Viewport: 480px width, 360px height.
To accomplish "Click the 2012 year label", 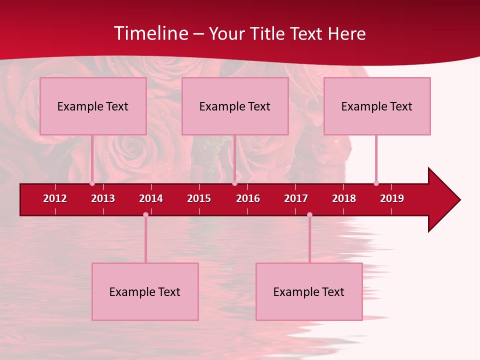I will pos(55,198).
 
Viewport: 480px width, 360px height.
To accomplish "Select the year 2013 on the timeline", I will pos(103,198).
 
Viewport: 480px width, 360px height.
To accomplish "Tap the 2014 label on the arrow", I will pos(151,198).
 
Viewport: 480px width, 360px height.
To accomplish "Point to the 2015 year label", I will pos(199,198).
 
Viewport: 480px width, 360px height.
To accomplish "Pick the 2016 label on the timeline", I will pos(248,198).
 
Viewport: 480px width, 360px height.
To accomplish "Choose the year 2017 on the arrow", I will pos(296,198).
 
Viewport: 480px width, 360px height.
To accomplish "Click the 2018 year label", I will pos(344,198).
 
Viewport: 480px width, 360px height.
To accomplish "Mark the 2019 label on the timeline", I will pos(392,198).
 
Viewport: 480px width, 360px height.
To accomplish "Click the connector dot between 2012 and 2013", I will pos(92,183).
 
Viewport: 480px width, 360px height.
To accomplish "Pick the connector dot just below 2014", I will pos(145,215).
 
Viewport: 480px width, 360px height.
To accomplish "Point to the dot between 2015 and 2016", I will pos(234,183).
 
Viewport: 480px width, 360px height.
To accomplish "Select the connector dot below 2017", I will pos(309,215).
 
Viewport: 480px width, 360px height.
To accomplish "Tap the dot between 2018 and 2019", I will pos(376,183).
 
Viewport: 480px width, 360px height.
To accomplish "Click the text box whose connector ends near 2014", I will pos(145,291).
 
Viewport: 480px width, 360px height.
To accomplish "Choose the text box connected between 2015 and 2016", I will pos(235,106).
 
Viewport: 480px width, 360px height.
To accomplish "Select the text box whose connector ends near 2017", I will pos(309,291).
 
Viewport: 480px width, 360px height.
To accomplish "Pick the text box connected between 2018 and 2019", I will pos(377,106).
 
